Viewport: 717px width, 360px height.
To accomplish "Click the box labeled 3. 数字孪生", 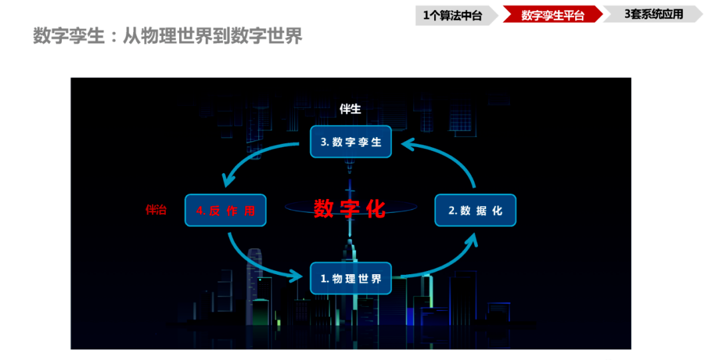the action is click(351, 142).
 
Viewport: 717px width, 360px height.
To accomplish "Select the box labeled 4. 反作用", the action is click(226, 210).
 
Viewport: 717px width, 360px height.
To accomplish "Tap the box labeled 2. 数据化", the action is click(475, 210).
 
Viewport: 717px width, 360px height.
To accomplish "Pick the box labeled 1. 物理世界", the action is click(351, 278).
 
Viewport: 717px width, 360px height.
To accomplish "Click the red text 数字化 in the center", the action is click(350, 208).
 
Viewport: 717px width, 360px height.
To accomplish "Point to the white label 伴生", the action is click(350, 108).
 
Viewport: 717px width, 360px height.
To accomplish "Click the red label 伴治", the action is click(156, 210).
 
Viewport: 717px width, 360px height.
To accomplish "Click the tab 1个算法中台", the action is click(452, 15).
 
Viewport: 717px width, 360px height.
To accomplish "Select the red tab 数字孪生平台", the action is click(553, 15).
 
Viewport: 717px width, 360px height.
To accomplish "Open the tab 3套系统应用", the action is click(654, 14).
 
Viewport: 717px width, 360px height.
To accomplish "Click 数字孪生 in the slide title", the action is click(69, 36).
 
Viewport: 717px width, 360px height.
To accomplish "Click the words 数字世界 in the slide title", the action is click(266, 36).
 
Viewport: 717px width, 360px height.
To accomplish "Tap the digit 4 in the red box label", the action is click(200, 210).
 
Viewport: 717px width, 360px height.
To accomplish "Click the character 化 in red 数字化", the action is click(375, 208).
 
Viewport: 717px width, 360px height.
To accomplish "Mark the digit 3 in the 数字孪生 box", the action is click(324, 142).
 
